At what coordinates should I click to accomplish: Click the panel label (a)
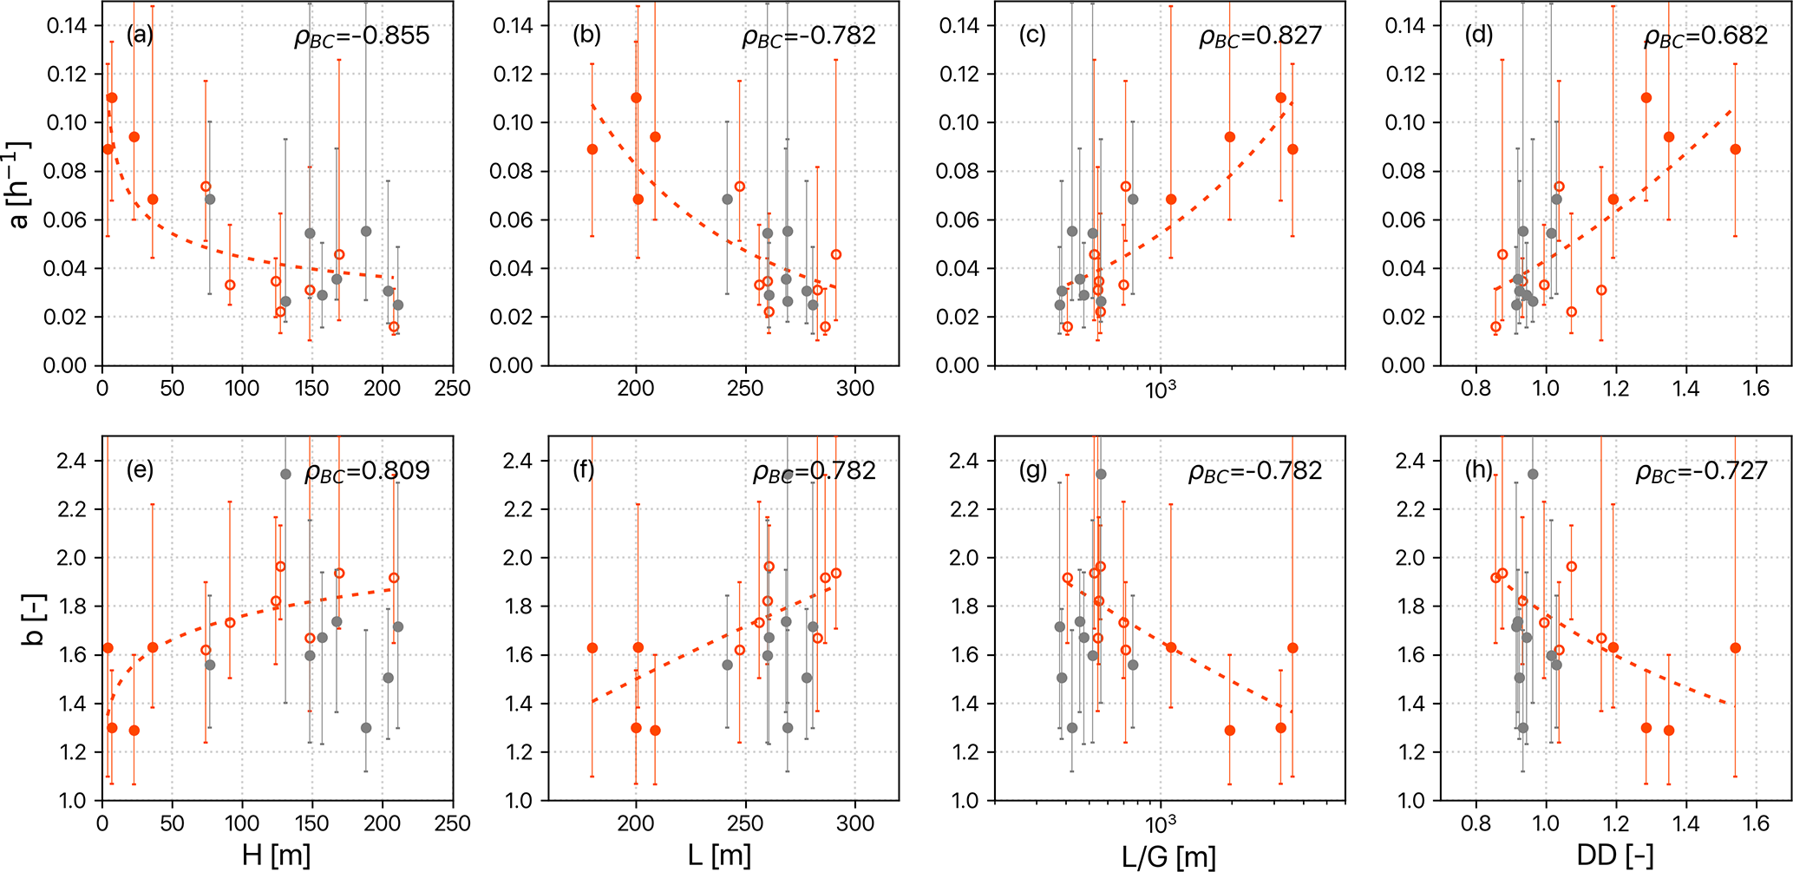coord(140,35)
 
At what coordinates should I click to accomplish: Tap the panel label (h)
coord(1479,469)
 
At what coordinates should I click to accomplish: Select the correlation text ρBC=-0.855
coord(362,36)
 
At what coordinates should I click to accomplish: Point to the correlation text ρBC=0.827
coord(1260,36)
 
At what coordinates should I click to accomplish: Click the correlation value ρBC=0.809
coord(367,471)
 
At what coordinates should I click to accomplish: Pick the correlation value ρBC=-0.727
coord(1701,471)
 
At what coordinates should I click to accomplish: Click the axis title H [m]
coord(277,856)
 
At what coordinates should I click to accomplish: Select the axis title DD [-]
coord(1614,856)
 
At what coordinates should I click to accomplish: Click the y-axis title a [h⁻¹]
coord(19,184)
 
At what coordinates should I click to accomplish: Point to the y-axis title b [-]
coord(31,619)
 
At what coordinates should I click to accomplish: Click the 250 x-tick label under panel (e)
coord(452,823)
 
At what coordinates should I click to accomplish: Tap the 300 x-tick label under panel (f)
coord(855,823)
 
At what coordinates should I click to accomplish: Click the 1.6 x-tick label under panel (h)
coord(1756,823)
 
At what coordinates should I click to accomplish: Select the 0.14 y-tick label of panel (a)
coord(67,25)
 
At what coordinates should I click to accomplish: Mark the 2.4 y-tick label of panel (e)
coord(71,461)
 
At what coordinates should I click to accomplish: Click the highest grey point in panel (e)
coord(285,474)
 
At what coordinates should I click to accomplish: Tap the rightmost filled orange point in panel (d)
coord(1736,149)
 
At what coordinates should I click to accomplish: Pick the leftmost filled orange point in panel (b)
coord(592,149)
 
